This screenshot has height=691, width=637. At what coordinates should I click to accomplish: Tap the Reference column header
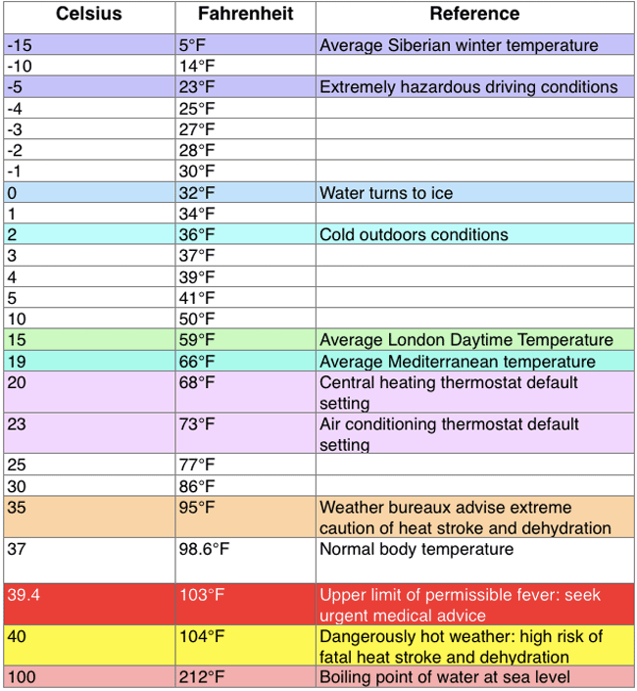coord(474,14)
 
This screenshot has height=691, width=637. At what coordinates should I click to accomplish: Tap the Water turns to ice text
coord(386,193)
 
